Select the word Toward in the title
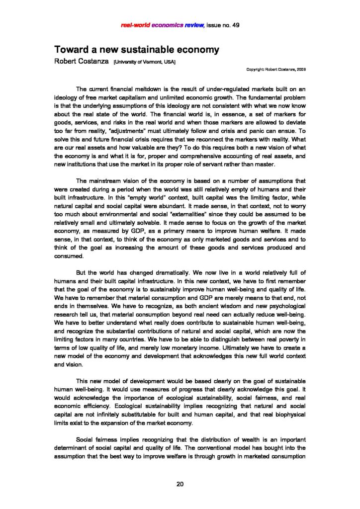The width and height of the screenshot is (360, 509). pos(72,50)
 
